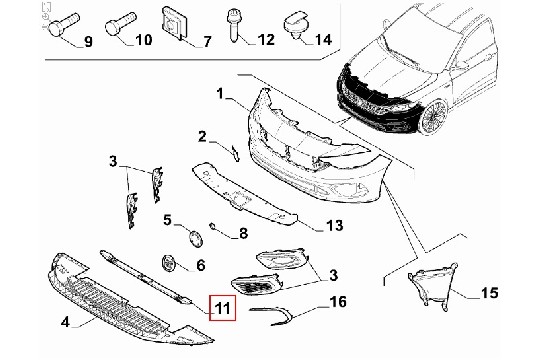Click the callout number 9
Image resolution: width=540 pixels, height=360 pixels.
(89, 42)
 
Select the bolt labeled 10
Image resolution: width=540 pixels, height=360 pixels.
(120, 24)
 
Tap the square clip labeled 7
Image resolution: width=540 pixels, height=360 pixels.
(174, 23)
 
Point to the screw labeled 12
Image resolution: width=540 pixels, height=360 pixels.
(233, 25)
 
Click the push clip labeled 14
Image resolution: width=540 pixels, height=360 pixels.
(296, 24)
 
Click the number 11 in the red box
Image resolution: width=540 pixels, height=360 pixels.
(222, 308)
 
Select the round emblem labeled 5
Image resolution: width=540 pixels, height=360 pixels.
(195, 238)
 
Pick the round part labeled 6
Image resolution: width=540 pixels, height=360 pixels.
(168, 263)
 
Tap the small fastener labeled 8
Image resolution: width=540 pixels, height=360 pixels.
(212, 226)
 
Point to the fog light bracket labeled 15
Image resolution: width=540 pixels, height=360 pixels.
(432, 287)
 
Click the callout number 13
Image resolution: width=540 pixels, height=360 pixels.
(334, 225)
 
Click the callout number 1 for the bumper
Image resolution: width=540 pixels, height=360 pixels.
(221, 93)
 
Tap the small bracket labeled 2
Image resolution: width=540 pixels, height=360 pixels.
(236, 153)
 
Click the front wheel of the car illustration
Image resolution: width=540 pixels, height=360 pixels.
(433, 118)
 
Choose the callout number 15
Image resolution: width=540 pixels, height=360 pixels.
(489, 292)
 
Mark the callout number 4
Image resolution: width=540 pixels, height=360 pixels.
(65, 322)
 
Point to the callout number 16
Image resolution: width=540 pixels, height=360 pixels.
(338, 302)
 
